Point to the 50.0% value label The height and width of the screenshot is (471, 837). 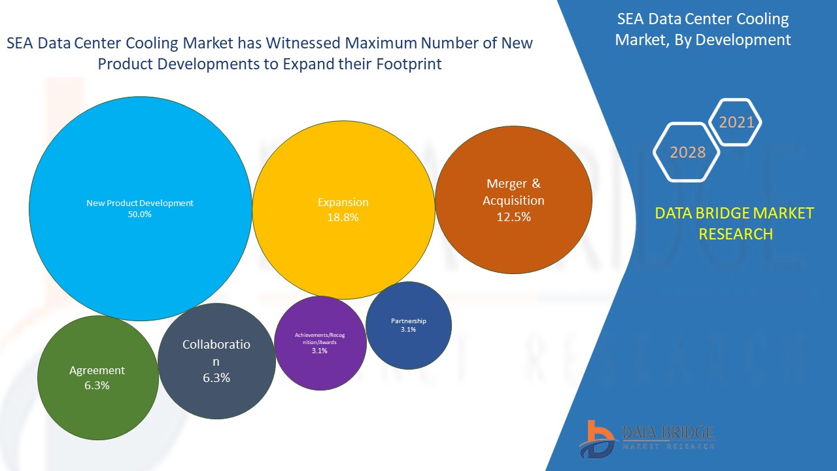140,214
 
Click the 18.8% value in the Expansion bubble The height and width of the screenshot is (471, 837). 343,218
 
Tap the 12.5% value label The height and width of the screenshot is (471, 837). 513,217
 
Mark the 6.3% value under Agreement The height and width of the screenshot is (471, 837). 97,385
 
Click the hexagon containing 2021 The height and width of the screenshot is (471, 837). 736,122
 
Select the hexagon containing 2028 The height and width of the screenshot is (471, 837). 687,152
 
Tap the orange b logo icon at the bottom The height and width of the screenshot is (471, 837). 596,438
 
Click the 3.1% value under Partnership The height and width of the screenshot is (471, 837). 408,330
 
